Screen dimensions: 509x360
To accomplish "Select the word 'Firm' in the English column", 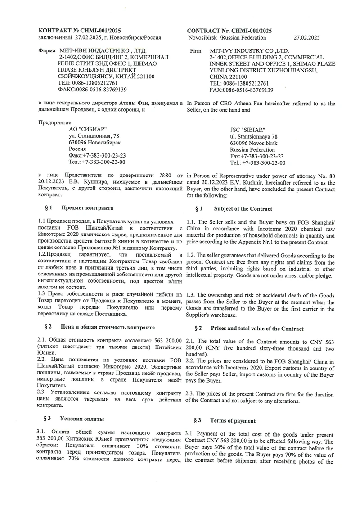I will pyautogui.click(x=196, y=51).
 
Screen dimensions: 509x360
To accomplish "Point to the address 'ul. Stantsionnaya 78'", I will pyautogui.click(x=254, y=136).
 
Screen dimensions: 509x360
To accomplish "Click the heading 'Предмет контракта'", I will pyautogui.click(x=87, y=208).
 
